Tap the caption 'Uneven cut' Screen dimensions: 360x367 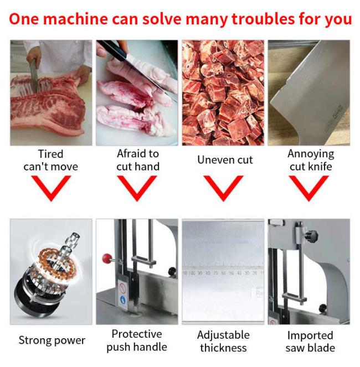225,160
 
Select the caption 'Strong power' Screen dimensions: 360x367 52,340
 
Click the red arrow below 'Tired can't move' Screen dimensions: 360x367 51,188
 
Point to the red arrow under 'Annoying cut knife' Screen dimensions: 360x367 309,188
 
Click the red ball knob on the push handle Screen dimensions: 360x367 107,259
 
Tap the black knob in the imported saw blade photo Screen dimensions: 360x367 311,235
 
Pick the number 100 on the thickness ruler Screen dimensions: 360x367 192,273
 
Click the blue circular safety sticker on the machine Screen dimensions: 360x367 123,299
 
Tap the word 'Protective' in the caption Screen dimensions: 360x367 137,334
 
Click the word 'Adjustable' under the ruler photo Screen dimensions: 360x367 223,335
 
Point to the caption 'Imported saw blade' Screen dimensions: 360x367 310,342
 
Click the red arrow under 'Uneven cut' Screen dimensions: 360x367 223,188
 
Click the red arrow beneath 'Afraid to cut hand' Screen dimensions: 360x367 137,188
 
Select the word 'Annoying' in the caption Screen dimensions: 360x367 311,154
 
